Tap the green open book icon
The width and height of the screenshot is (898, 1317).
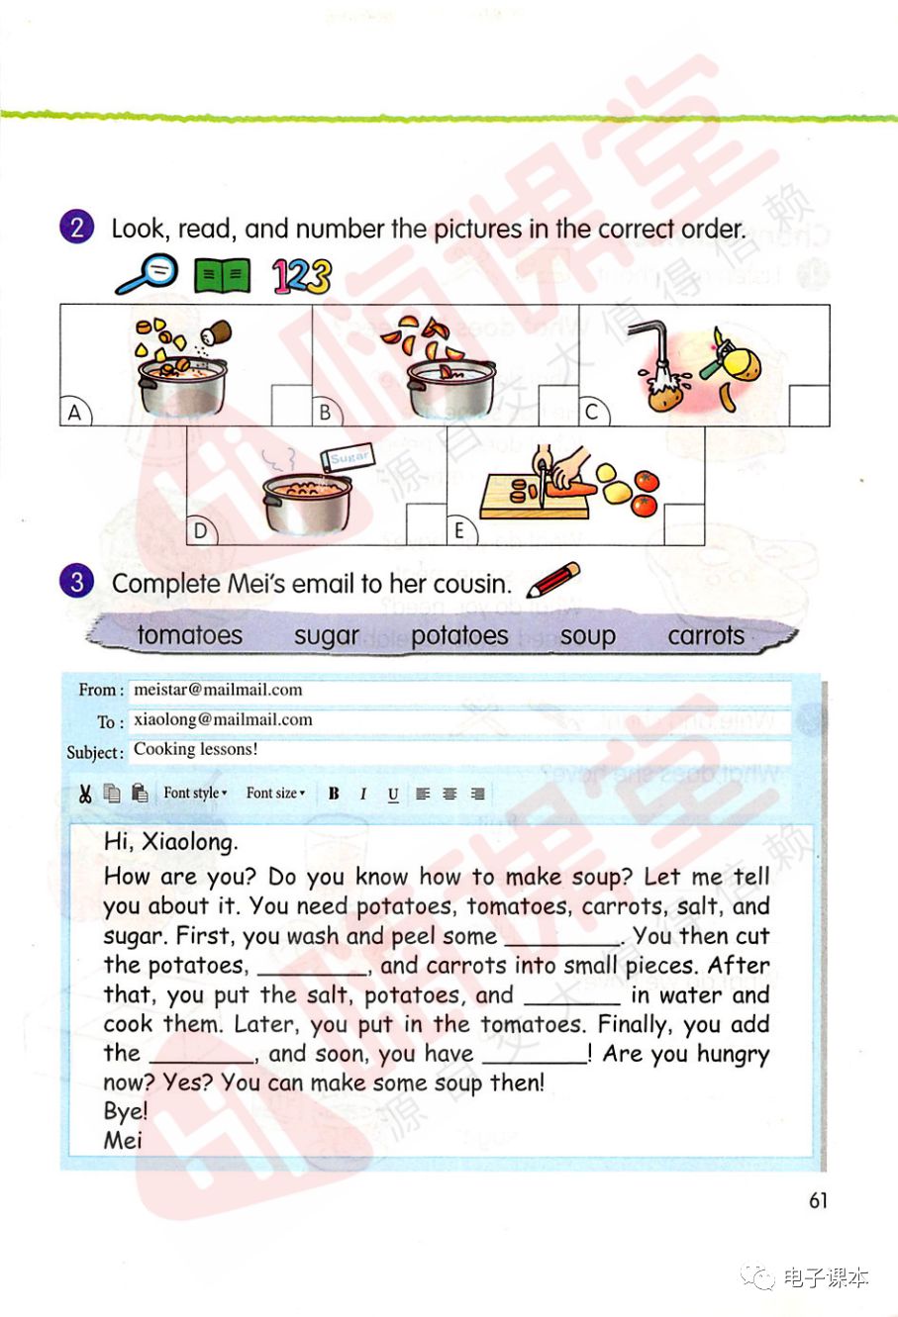click(x=223, y=275)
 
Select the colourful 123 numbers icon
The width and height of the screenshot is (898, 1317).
click(x=302, y=276)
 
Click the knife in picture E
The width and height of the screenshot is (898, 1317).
click(x=542, y=483)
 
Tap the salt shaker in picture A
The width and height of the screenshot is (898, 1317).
click(x=216, y=332)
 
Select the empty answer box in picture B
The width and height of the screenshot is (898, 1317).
click(x=558, y=405)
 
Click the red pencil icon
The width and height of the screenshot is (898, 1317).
click(x=553, y=579)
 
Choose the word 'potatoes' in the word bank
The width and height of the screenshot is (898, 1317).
click(x=459, y=635)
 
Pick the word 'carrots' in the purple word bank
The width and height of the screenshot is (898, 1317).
click(x=706, y=635)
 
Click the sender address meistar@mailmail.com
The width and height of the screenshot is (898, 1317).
click(x=218, y=690)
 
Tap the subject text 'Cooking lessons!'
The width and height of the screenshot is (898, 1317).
click(x=195, y=749)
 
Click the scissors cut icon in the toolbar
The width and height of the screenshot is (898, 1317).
click(x=85, y=794)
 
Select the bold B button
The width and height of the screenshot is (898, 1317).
click(x=334, y=794)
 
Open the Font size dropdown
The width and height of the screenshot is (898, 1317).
click(x=275, y=794)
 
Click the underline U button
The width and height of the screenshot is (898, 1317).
click(x=393, y=795)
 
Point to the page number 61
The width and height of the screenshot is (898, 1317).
click(x=818, y=1200)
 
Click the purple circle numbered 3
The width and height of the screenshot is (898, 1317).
click(x=76, y=582)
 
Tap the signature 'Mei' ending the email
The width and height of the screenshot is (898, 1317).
click(x=123, y=1141)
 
